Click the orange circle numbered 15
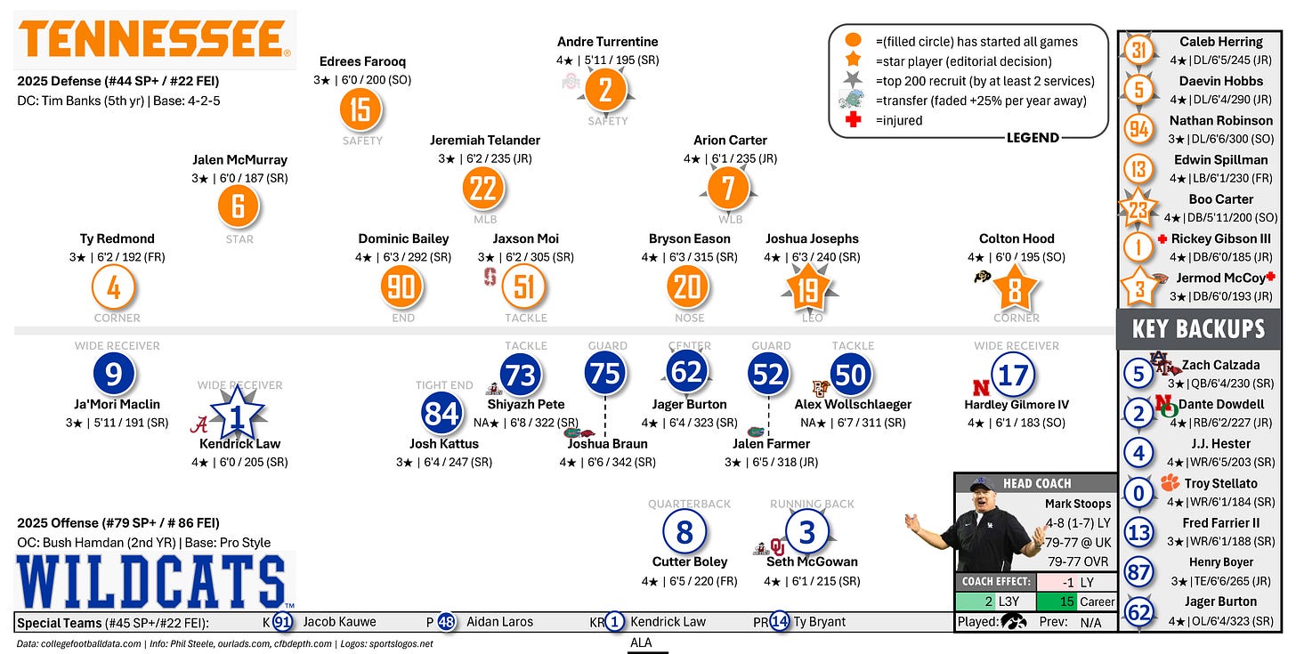point(360,109)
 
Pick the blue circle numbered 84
point(442,414)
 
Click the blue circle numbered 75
point(606,374)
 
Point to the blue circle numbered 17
point(1013,375)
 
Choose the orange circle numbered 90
point(402,287)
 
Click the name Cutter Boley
point(690,561)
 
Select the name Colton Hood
point(1017,238)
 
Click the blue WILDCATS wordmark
point(151,581)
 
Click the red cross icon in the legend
point(853,120)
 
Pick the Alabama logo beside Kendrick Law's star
point(202,424)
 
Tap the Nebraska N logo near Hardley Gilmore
point(981,388)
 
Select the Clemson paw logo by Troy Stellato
point(1169,483)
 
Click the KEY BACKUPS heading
point(1198,328)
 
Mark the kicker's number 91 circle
point(283,622)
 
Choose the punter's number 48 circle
point(447,622)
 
